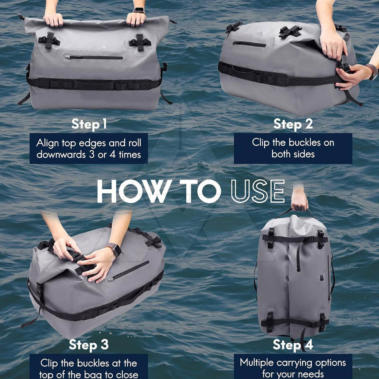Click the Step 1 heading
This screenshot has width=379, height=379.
[x=89, y=124]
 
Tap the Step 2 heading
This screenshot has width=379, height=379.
[x=293, y=124]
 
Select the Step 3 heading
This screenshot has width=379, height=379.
[x=89, y=345]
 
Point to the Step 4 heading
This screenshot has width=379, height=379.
[x=293, y=345]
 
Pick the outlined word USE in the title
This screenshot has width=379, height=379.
[x=258, y=191]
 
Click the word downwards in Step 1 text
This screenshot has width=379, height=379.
[x=61, y=154]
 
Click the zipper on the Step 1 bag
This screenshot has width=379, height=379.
[x=94, y=57]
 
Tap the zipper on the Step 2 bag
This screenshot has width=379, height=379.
[x=249, y=44]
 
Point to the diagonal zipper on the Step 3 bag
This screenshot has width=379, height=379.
[x=128, y=271]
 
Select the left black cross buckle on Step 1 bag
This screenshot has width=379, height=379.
[x=49, y=40]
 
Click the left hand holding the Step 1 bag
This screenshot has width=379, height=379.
[x=53, y=20]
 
